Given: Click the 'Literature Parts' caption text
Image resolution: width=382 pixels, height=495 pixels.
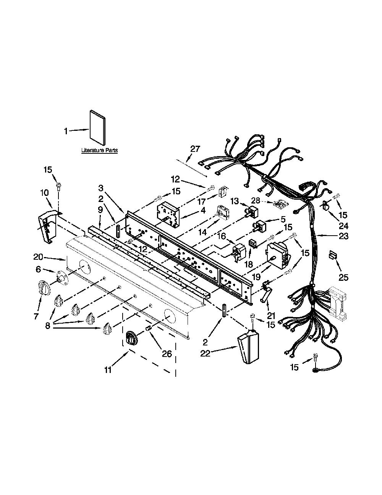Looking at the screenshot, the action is tap(99, 151).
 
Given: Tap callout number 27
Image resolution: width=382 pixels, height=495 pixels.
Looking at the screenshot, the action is tap(195, 149).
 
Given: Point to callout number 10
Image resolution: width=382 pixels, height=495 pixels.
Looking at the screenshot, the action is tap(45, 193).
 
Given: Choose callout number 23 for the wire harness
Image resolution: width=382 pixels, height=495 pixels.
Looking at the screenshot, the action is tap(343, 236).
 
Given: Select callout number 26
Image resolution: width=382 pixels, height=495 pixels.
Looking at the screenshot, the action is tap(167, 354).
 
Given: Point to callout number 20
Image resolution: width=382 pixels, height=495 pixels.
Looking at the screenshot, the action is tap(38, 257).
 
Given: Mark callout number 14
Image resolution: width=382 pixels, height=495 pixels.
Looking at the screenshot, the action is tap(202, 232).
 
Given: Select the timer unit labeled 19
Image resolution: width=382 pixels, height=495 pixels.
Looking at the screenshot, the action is tap(278, 256).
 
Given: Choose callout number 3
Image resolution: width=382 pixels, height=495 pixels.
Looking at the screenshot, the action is tap(101, 188).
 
